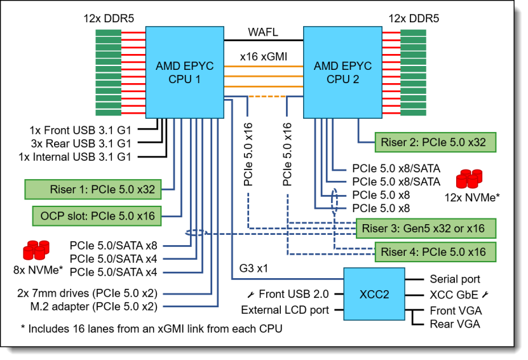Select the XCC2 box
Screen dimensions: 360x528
click(374, 294)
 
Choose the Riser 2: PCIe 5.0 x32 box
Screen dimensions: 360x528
click(434, 142)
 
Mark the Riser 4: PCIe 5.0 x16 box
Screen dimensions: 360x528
click(434, 252)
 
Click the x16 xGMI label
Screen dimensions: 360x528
click(263, 57)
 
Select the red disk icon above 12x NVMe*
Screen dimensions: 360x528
click(470, 178)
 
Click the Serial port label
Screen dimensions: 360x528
click(455, 279)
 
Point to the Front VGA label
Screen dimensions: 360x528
click(454, 311)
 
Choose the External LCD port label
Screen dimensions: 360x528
click(285, 310)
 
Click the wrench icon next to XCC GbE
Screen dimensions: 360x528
click(486, 295)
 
